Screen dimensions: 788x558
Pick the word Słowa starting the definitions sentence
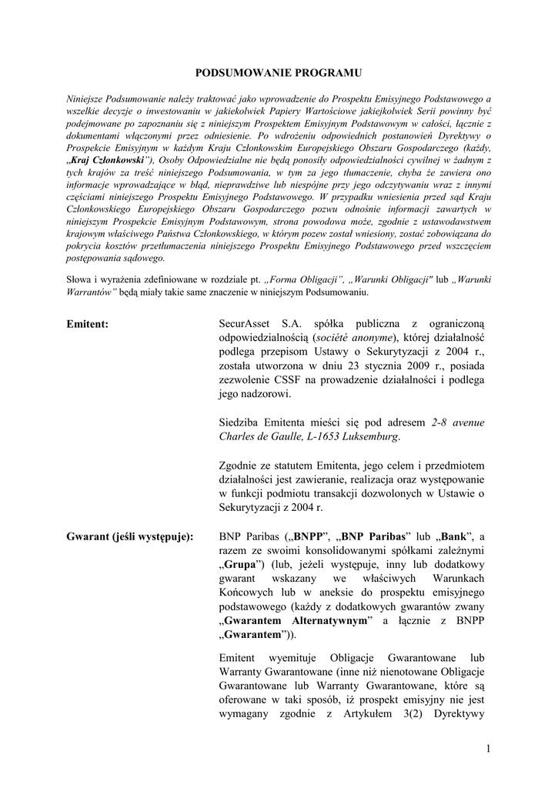[x=80, y=281]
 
